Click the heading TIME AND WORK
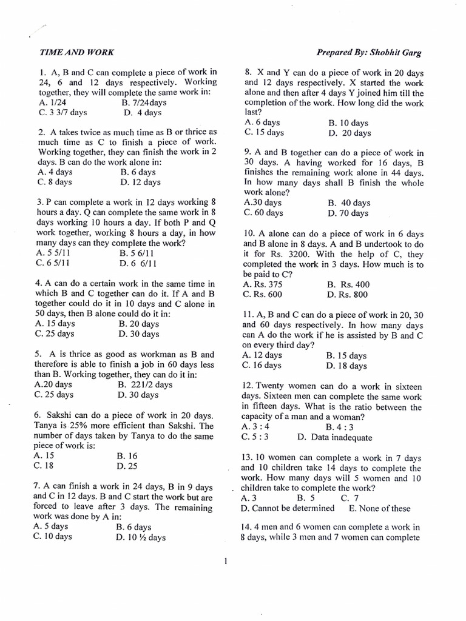coord(76,53)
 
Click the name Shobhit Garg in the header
coord(394,53)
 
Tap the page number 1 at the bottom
coord(225,561)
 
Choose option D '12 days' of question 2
coord(140,181)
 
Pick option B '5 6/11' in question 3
coord(137,253)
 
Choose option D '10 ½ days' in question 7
coord(140,537)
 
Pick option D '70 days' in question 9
coord(348,213)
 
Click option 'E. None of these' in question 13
coord(379,508)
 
